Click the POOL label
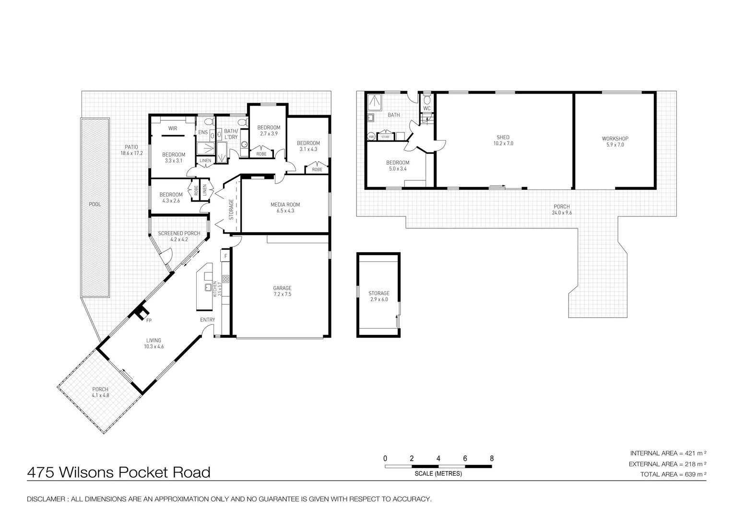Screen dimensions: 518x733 pos(95,204)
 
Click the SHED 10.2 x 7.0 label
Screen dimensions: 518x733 pos(503,141)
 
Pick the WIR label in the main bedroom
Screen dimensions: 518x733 pos(172,129)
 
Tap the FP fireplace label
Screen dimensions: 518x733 pos(149,320)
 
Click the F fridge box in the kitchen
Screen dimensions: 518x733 pos(225,257)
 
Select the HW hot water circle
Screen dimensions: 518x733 pos(371,137)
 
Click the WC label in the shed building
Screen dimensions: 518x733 pos(427,108)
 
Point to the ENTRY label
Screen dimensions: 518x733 pos(208,320)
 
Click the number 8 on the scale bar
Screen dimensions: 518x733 pos(492,459)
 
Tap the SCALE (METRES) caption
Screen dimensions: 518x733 pos(438,474)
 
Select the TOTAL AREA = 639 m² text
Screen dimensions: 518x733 pos(674,474)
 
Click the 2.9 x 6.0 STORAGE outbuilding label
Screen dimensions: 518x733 pos(379,296)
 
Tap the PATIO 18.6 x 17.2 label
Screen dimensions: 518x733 pos(131,150)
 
